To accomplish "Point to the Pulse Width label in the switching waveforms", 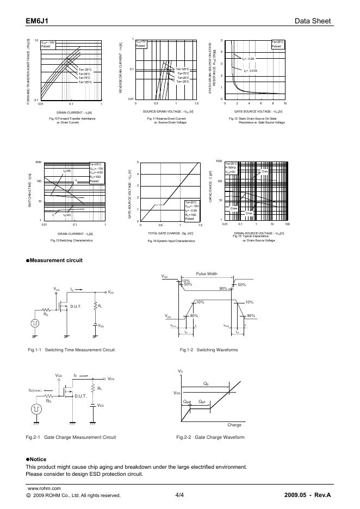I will (x=207, y=274).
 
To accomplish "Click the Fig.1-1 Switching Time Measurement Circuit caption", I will (x=71, y=350).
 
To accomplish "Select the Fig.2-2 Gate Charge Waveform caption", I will (x=210, y=437).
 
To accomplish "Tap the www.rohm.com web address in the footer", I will (x=44, y=488).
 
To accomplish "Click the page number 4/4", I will (x=180, y=495).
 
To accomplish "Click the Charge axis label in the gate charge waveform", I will (x=234, y=425).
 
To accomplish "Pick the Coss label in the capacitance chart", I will (x=234, y=208).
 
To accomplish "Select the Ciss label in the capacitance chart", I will (x=265, y=171).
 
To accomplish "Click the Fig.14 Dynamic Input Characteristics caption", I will (x=171, y=240).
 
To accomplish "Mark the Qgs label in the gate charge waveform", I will (x=187, y=401).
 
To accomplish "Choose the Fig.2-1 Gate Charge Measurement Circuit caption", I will (x=71, y=437).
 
